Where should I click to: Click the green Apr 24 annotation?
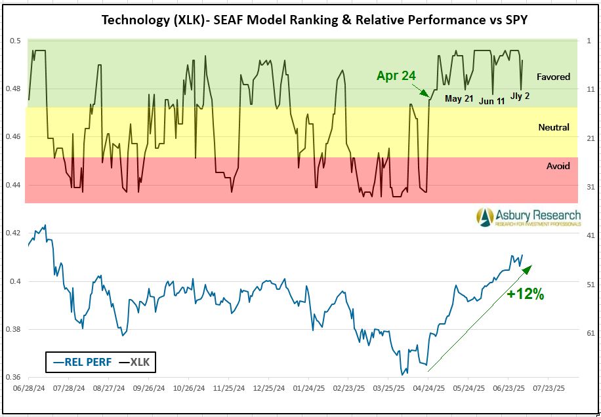[x=396, y=75]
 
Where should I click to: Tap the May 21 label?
[x=459, y=99]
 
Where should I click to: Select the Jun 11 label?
[x=492, y=101]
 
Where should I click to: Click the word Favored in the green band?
[x=553, y=77]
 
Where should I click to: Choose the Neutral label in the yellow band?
[x=553, y=127]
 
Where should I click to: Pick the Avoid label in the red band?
[x=558, y=166]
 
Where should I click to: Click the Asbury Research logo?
[x=528, y=218]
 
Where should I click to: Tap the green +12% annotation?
[x=525, y=294]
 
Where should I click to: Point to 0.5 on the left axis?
[x=15, y=41]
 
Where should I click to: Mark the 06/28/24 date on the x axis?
[x=30, y=387]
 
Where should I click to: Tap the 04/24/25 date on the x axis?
[x=429, y=387]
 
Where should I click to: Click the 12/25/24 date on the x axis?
[x=270, y=387]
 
